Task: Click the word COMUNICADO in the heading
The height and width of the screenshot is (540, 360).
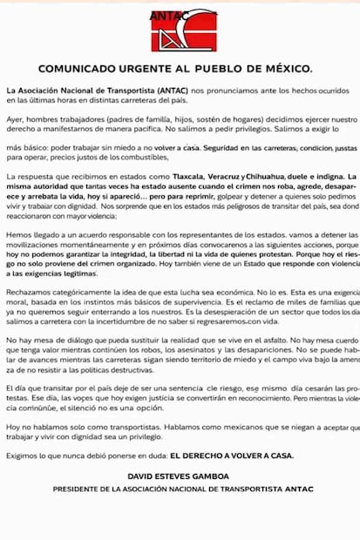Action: point(81,69)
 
